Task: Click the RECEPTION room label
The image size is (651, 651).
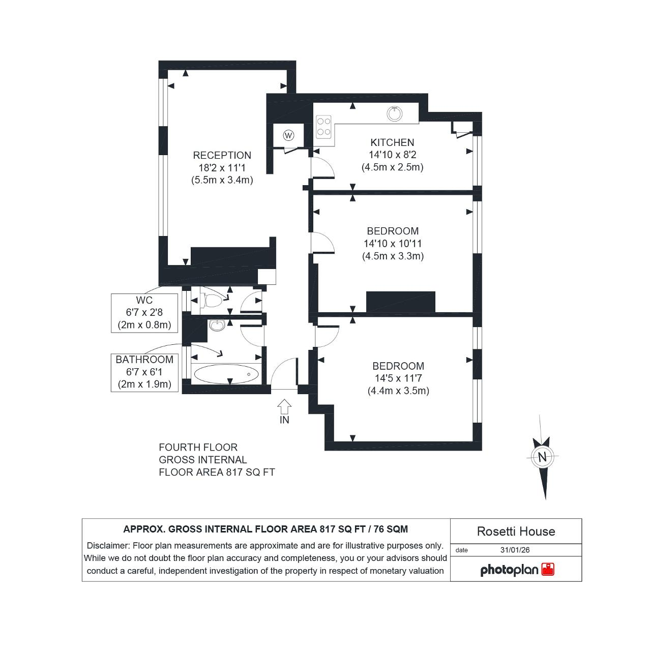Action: click(222, 156)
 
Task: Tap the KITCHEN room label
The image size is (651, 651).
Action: click(392, 142)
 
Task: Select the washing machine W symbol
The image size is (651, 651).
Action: click(288, 135)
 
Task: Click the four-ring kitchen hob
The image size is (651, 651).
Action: click(323, 127)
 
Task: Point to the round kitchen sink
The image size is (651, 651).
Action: click(395, 113)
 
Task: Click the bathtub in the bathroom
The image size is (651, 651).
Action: click(226, 374)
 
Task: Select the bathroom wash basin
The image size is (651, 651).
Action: click(217, 325)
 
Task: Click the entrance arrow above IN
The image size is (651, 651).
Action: click(284, 407)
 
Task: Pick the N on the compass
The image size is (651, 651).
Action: click(542, 457)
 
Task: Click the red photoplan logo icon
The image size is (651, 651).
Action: click(548, 569)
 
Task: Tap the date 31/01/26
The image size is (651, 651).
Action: click(515, 550)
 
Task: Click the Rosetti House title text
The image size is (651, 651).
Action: click(516, 531)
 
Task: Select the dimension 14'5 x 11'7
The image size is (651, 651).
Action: click(398, 378)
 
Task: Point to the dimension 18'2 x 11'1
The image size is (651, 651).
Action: click(222, 168)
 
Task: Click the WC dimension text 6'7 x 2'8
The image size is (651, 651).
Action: click(144, 312)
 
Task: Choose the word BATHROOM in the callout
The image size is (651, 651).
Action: click(144, 360)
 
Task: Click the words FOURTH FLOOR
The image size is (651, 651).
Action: click(198, 447)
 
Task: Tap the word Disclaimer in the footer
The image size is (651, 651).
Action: click(108, 546)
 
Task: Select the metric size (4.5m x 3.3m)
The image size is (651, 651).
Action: click(393, 256)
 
